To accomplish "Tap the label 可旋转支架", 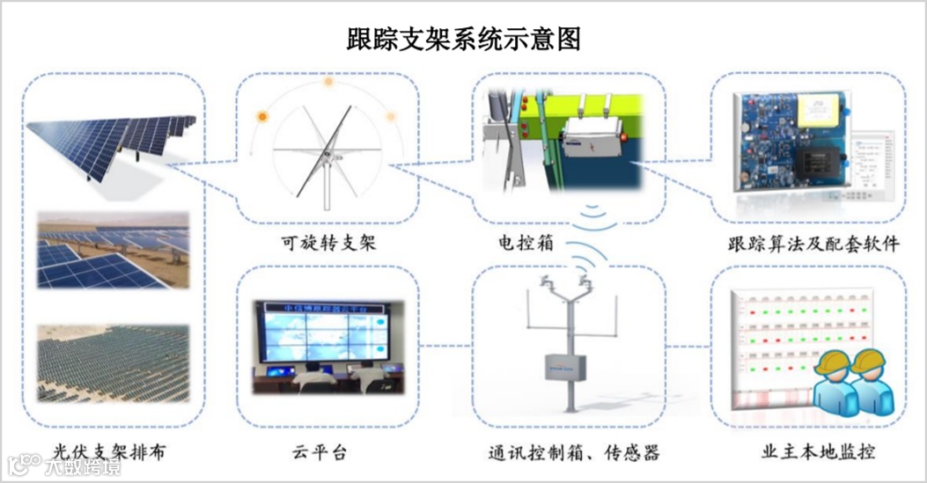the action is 325,243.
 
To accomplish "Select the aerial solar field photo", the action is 112,363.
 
